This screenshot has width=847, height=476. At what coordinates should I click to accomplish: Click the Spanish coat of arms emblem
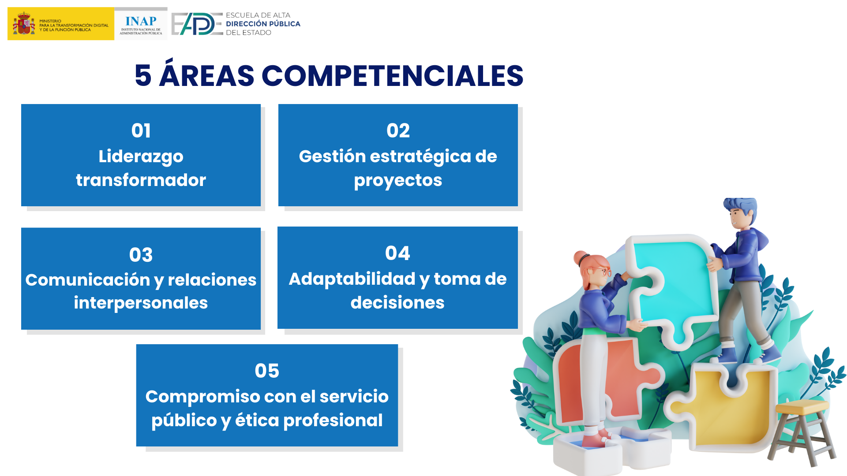point(24,23)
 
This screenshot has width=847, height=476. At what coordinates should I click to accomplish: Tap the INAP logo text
point(141,21)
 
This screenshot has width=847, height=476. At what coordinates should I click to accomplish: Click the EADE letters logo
point(197,24)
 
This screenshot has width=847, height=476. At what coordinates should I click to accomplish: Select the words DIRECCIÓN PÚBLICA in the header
point(263,24)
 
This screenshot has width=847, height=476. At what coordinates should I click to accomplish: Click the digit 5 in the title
point(143,75)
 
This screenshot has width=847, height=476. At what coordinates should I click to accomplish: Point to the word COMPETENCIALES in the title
point(392,75)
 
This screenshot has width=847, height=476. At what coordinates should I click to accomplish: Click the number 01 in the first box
point(141,130)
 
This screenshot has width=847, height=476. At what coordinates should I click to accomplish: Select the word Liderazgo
point(141,157)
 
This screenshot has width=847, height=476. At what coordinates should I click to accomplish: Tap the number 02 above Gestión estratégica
point(398,130)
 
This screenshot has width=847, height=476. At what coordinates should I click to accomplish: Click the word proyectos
point(398,181)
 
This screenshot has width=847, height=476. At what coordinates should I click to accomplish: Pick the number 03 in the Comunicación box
point(141,255)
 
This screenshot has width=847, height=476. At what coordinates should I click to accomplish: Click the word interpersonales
point(141,303)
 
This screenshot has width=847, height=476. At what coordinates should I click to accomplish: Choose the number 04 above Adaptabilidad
point(397,253)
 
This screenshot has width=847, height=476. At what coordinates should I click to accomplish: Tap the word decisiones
point(397,303)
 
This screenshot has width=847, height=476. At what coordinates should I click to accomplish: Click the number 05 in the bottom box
point(267,371)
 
